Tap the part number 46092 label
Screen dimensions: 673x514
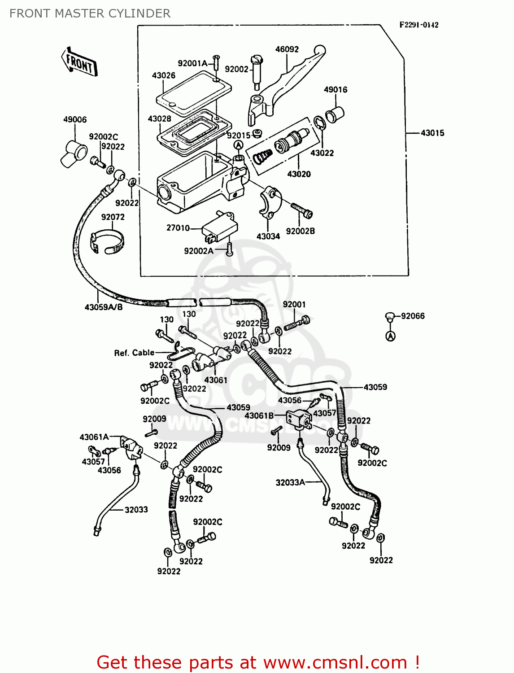click(287, 49)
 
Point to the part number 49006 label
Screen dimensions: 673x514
click(74, 119)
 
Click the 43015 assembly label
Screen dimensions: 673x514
click(432, 133)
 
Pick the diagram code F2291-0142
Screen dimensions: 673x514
click(419, 25)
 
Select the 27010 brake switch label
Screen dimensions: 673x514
click(178, 228)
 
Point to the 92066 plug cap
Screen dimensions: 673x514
click(389, 317)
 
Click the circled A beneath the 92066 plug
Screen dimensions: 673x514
click(391, 336)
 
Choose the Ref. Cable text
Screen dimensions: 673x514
click(134, 353)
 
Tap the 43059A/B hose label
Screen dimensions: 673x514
click(103, 307)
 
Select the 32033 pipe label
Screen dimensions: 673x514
click(136, 510)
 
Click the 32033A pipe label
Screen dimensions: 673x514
click(290, 482)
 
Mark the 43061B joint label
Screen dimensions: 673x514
click(259, 416)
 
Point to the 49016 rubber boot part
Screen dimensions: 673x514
click(334, 114)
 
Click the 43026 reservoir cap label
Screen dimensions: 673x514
click(163, 75)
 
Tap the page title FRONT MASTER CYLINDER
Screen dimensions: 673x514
click(90, 13)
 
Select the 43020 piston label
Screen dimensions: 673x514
click(299, 174)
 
